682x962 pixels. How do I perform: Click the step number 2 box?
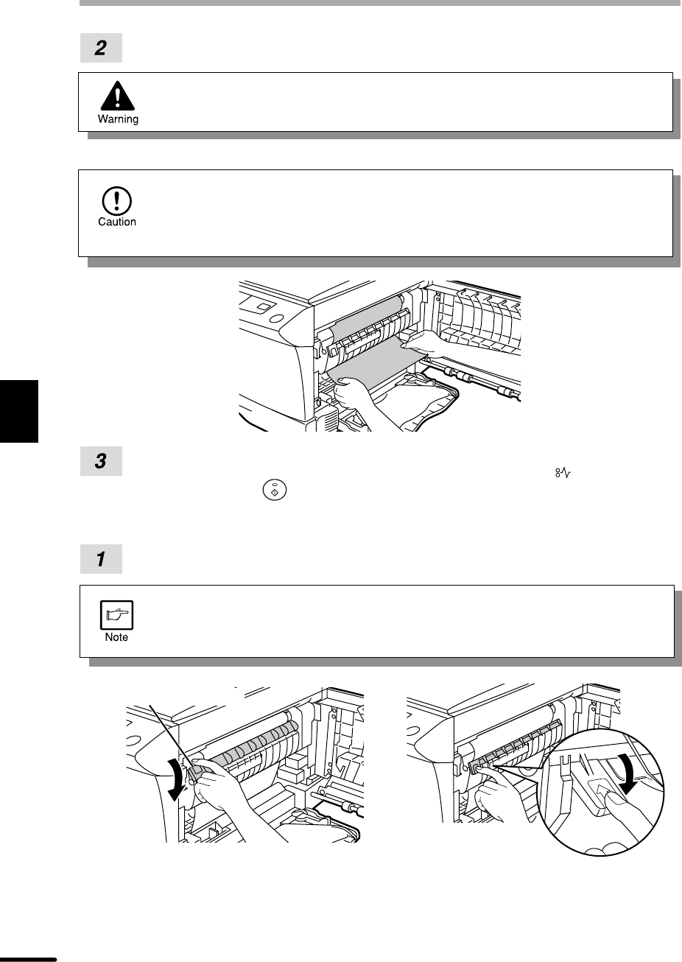101,48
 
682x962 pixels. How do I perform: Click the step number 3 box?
101,461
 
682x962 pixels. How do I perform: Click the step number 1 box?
101,559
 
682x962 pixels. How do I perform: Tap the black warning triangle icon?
117,96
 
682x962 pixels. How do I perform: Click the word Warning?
118,119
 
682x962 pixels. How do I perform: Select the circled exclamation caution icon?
117,200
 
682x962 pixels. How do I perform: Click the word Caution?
117,222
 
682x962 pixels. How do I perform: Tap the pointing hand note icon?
116,615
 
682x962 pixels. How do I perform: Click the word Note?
116,637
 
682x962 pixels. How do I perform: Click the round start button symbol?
275,491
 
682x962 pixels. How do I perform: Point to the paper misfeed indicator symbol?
563,474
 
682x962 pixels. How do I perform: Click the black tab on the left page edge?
19,411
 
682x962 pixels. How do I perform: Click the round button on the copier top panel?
277,319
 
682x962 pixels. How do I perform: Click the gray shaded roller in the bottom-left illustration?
253,740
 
